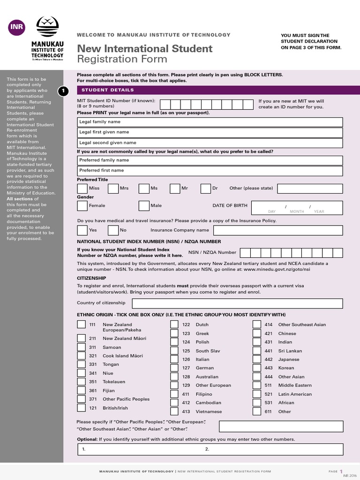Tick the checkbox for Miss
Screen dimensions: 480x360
tap(82, 188)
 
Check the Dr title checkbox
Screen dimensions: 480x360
tap(206, 188)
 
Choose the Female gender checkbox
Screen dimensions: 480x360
tap(82, 206)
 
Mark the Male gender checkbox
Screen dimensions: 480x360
tap(144, 206)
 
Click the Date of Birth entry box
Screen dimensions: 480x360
tap(296, 207)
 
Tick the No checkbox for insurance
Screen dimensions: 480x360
tap(113, 230)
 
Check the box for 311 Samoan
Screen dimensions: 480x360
tap(81, 347)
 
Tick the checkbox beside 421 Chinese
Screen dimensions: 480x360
tap(257, 333)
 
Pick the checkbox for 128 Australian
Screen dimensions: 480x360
tap(174, 376)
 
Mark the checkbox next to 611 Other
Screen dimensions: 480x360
tap(257, 412)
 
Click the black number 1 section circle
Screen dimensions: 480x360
tap(63, 91)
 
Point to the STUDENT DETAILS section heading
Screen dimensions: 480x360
tap(108, 90)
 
